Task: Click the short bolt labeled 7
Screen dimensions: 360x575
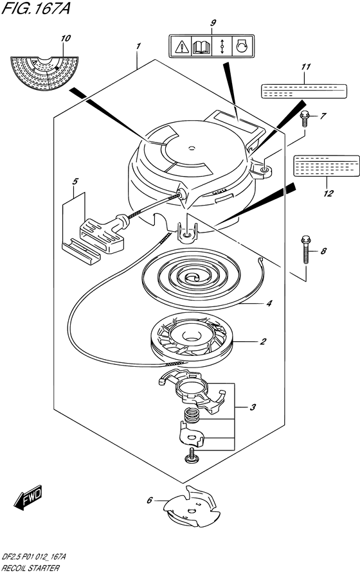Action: [x=304, y=118]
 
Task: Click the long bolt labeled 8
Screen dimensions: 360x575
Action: [x=306, y=249]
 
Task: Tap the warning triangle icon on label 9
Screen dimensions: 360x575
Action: [x=181, y=46]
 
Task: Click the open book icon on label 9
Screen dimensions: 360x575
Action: [x=201, y=46]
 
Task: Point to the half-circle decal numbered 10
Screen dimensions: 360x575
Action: [x=45, y=73]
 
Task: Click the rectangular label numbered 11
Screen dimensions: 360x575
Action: [x=304, y=91]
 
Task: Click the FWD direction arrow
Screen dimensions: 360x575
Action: [x=28, y=497]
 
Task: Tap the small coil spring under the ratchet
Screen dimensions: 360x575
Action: [x=191, y=415]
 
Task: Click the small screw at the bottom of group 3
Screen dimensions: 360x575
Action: [x=192, y=455]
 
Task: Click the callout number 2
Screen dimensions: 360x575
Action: [x=263, y=341]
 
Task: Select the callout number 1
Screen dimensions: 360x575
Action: [x=138, y=46]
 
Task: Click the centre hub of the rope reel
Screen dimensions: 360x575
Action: [x=190, y=335]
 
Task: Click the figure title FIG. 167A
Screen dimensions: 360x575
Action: [x=35, y=8]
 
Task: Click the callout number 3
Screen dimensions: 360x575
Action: [x=253, y=407]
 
